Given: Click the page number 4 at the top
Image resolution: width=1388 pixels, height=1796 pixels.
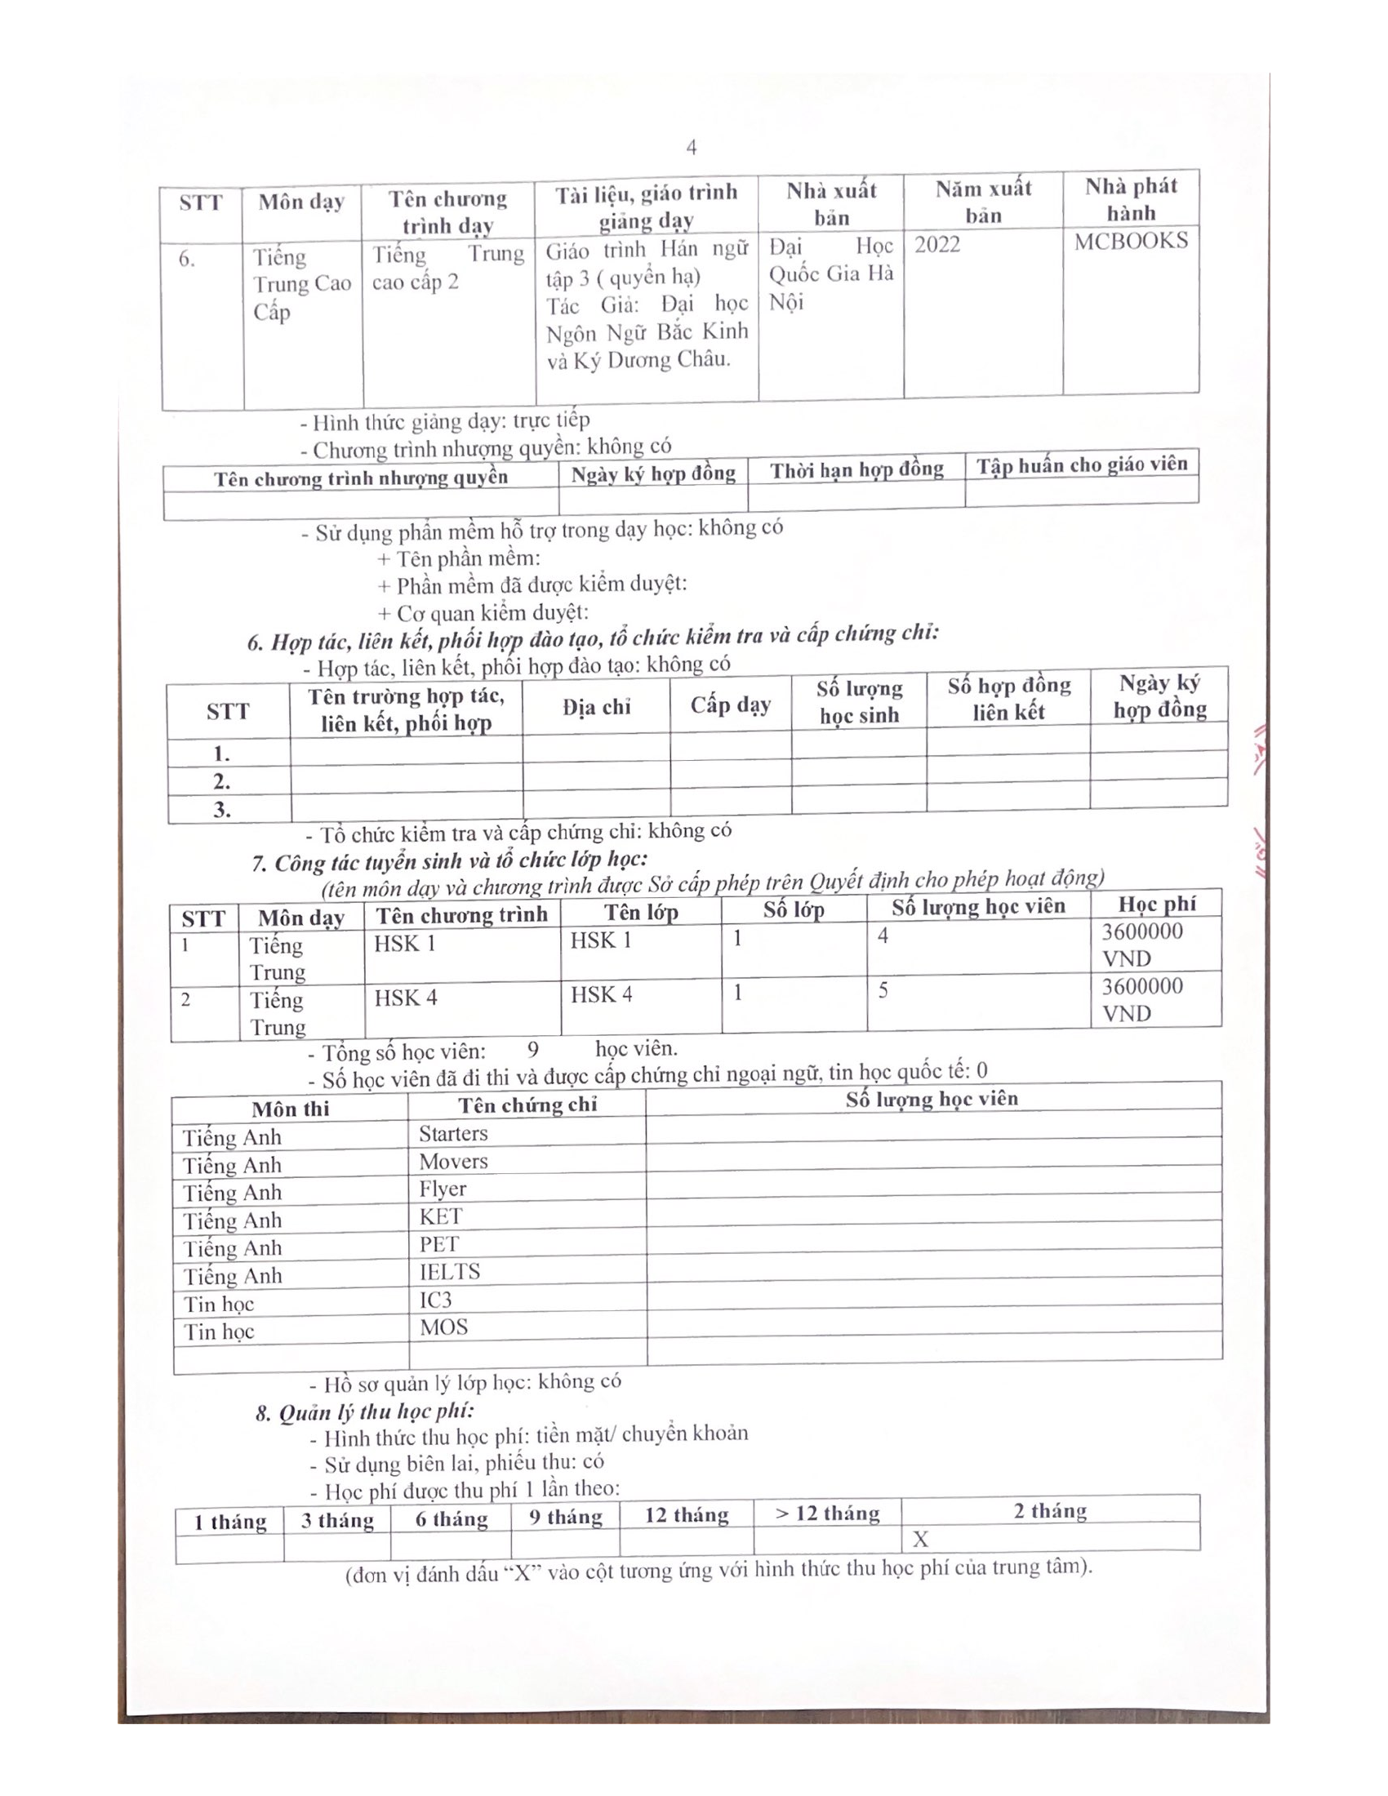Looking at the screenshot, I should coord(692,147).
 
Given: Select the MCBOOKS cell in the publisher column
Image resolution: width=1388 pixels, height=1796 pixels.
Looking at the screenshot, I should coord(1131,241).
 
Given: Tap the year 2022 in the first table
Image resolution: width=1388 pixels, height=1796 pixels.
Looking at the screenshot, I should coord(937,244).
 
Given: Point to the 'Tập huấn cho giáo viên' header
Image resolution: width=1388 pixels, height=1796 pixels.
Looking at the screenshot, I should coord(1081,465).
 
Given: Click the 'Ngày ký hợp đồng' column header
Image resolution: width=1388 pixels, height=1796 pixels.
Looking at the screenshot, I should coord(653,473).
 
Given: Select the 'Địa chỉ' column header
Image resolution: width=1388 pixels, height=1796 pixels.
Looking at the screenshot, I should coord(596,707).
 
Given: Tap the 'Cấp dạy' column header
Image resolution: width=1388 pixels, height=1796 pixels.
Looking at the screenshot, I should coord(730,705).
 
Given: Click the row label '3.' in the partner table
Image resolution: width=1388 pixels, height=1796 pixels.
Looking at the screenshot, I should coord(222,809).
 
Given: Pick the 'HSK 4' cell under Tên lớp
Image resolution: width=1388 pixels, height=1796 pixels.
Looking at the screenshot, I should coord(601,995).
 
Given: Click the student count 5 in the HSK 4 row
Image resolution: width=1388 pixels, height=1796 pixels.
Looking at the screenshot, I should coord(883,990).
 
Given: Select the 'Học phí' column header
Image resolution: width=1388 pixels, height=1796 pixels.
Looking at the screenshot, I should coord(1156,905).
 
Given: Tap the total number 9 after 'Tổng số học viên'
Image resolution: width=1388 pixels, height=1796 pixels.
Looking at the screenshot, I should coord(533,1049).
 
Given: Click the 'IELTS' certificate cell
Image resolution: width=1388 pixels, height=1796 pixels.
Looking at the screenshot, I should coord(450,1272).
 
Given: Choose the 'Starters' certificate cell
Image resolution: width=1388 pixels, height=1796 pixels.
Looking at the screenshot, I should coord(453,1133).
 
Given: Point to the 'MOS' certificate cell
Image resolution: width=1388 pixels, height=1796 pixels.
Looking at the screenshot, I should coord(444,1327).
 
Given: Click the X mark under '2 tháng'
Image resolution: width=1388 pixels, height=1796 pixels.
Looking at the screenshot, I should coord(920,1540).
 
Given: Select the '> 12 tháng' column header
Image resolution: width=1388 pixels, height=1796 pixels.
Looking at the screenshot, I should coord(827,1514).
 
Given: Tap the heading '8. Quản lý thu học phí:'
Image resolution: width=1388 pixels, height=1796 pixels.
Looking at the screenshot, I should coord(364,1413).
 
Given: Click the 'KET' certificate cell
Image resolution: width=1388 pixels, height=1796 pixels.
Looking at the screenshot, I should coord(441,1216).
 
